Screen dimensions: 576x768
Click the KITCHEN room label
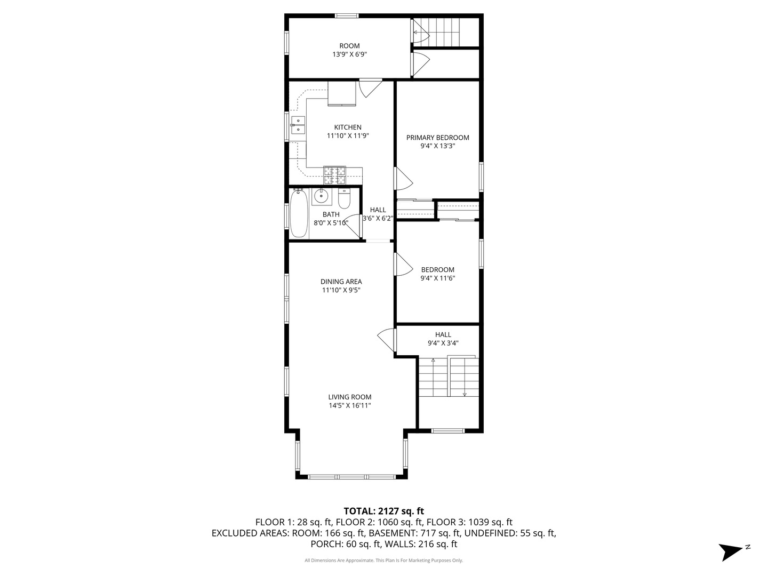[x=348, y=127]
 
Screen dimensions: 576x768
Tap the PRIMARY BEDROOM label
[x=437, y=138]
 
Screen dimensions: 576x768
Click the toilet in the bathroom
[x=344, y=198]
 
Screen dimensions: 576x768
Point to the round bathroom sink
[x=321, y=196]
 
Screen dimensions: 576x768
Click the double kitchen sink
[x=298, y=125]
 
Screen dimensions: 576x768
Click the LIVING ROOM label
[x=349, y=397]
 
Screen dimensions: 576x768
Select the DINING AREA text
[x=341, y=282]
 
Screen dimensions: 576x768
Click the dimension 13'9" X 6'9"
[x=349, y=54]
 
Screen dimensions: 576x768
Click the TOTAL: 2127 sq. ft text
[x=383, y=511]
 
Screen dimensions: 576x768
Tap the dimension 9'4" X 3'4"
[x=443, y=343]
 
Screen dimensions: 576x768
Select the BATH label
[x=331, y=215]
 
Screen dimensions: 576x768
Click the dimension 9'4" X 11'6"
[x=437, y=278]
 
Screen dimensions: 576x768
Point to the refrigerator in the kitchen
[x=341, y=94]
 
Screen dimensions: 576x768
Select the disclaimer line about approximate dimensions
[x=383, y=561]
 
